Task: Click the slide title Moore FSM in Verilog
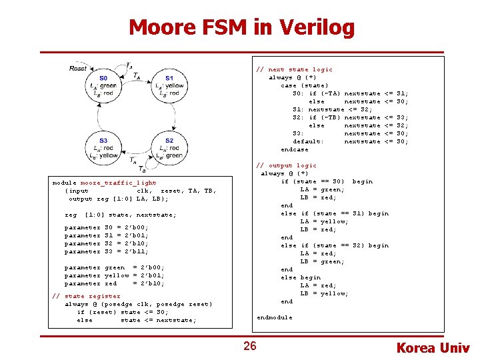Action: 241,27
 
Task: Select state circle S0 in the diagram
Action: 104,86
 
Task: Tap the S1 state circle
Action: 168,86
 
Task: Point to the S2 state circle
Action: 168,147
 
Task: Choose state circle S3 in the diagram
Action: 104,147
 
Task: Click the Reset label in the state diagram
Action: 78,68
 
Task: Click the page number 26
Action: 249,346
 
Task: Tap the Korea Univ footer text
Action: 433,347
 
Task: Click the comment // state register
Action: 87,296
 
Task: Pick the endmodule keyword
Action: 274,317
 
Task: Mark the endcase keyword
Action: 295,149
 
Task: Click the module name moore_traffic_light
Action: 118,183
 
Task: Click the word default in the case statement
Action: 308,141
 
